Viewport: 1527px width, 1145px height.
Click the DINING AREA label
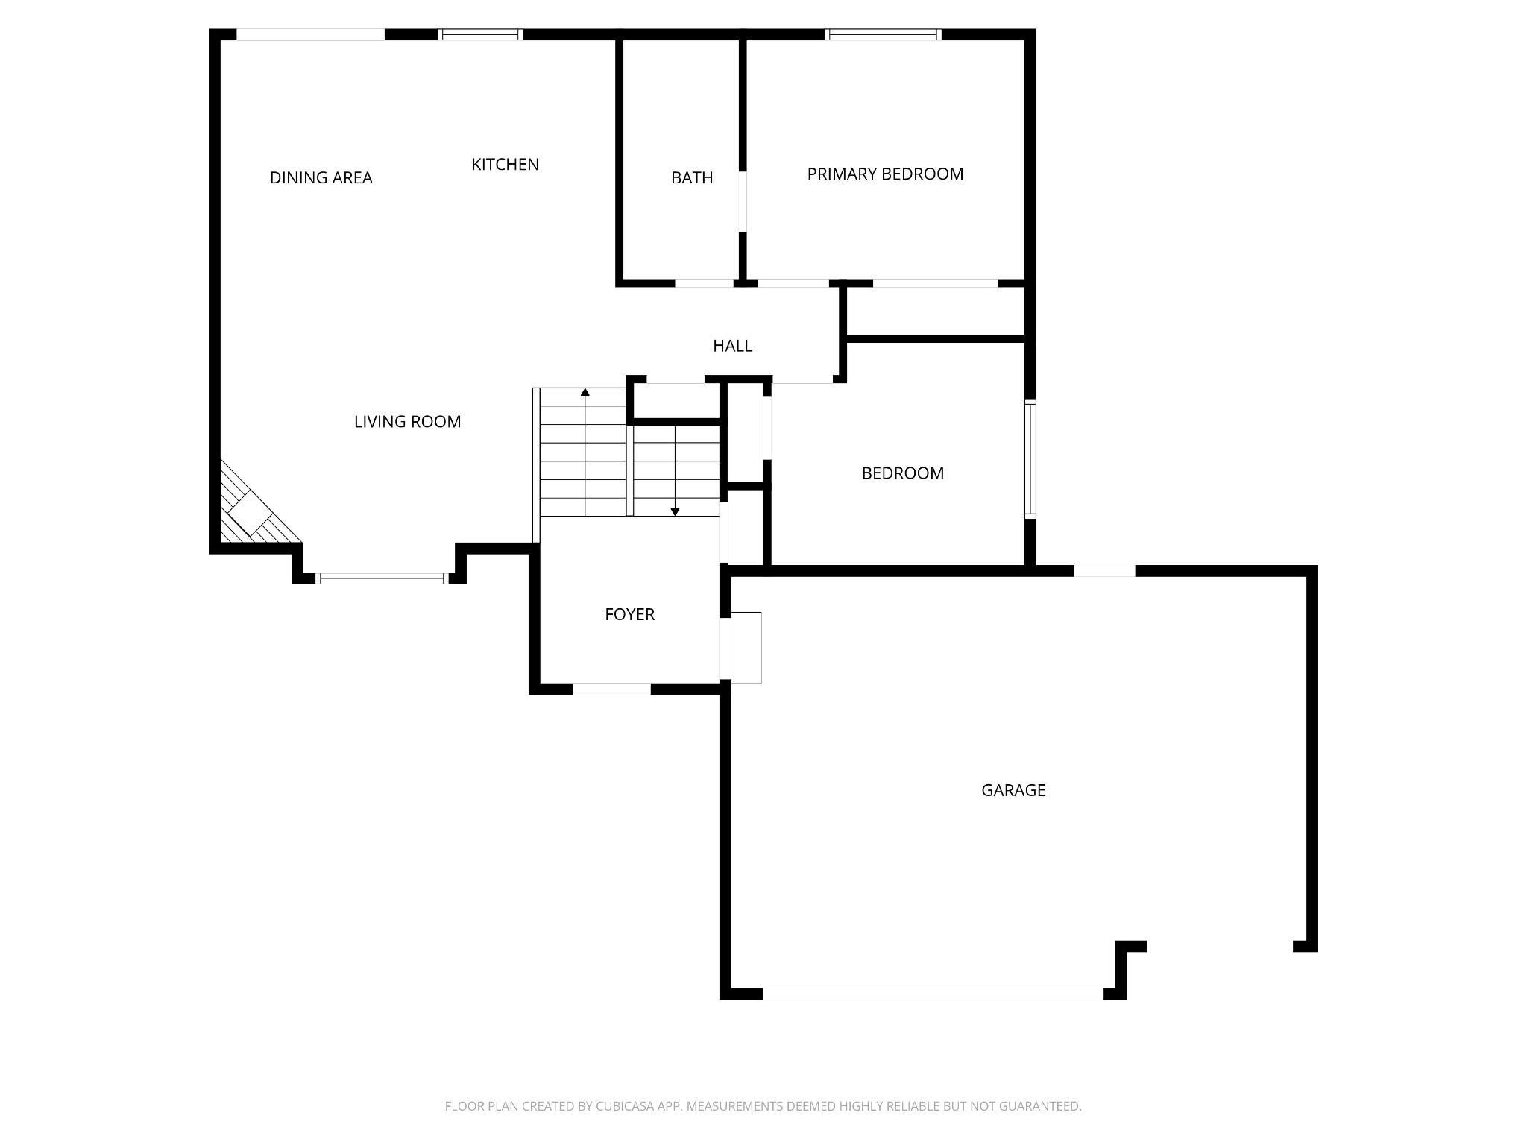pos(321,177)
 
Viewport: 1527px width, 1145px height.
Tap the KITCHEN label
pos(505,164)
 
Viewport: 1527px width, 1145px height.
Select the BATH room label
pos(692,177)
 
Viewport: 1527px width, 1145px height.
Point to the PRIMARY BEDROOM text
pos(885,174)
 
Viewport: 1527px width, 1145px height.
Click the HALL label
pos(732,346)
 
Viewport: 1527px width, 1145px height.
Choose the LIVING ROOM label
pos(407,422)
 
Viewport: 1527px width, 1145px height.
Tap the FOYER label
pos(629,614)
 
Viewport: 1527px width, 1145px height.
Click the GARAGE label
pos(1013,790)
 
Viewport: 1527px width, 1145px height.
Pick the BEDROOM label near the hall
pos(903,473)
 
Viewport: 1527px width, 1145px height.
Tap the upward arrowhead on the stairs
pos(585,392)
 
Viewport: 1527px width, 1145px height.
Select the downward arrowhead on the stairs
pos(675,512)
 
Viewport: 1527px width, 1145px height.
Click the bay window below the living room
pos(382,578)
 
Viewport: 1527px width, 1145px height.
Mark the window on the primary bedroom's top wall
pos(883,34)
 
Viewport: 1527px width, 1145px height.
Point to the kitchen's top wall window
pos(480,34)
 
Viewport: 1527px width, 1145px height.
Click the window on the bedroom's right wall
pos(1030,458)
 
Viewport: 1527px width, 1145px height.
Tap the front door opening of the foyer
pos(611,690)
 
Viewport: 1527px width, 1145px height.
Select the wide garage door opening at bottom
pos(933,994)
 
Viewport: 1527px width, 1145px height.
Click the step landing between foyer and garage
pos(746,648)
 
